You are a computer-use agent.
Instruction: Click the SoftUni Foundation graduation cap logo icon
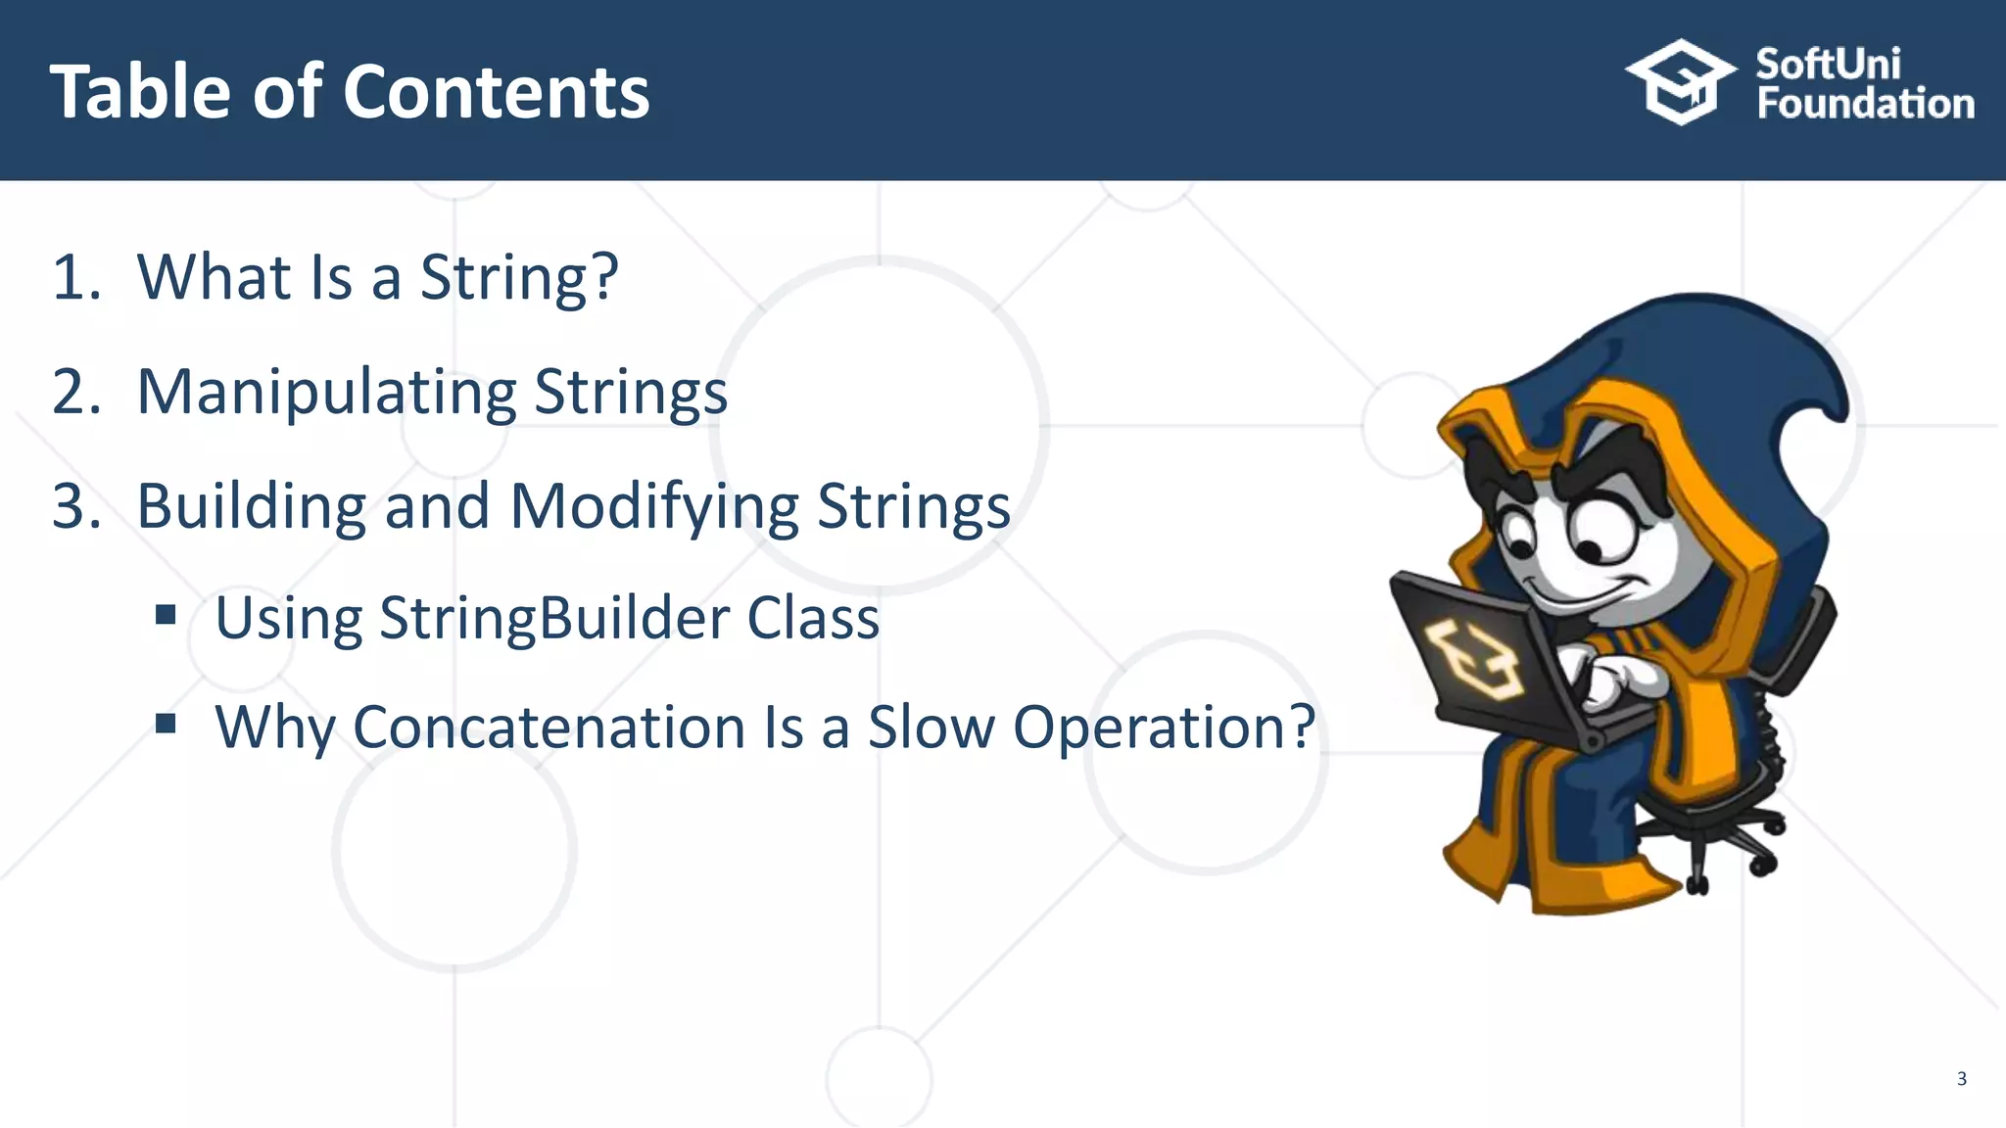tap(1681, 82)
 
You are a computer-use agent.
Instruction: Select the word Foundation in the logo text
tap(1865, 104)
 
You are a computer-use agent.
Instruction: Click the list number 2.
tap(74, 392)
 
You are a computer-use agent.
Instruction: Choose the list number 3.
tap(74, 506)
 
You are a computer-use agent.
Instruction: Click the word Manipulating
tap(326, 393)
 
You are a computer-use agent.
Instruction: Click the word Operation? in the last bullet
tap(1164, 728)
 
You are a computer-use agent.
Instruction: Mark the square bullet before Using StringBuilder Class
tap(166, 615)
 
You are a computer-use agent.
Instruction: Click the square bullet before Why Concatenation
tap(166, 724)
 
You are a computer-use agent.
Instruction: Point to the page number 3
tap(1961, 1079)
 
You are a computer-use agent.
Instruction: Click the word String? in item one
tap(519, 277)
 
